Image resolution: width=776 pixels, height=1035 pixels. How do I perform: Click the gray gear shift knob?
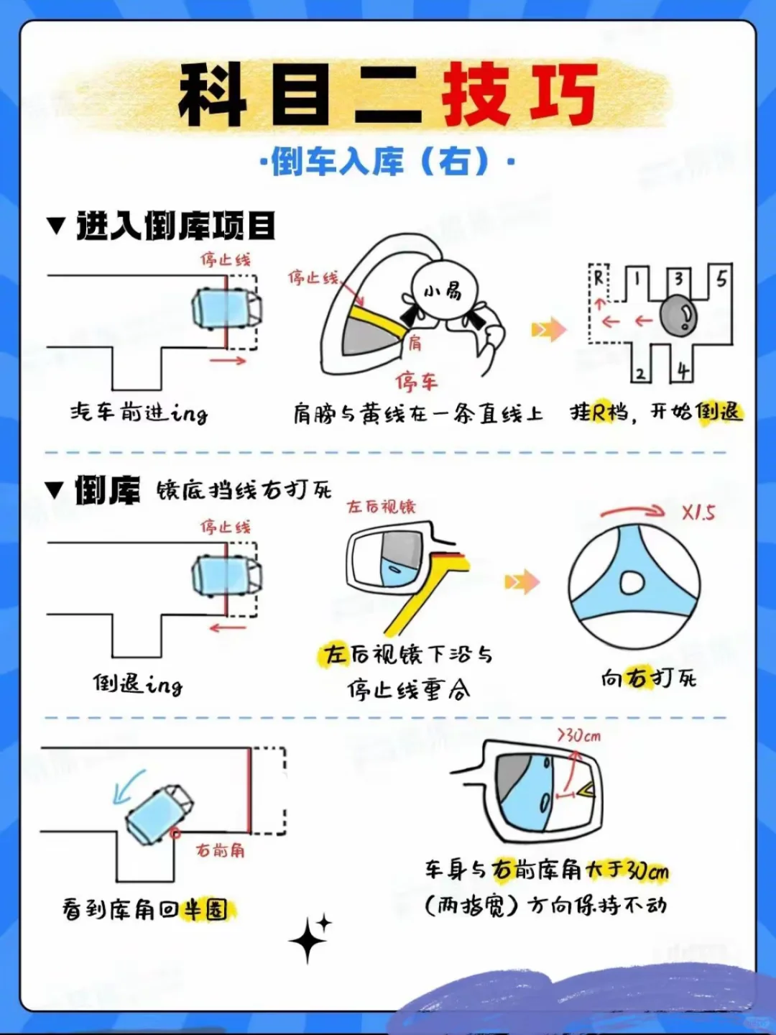(x=678, y=316)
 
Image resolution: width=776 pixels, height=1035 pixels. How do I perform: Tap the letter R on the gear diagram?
(x=599, y=278)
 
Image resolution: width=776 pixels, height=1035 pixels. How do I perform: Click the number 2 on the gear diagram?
(x=640, y=374)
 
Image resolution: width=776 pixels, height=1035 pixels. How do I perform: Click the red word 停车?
(x=416, y=382)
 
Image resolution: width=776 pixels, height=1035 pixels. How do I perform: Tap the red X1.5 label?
(x=698, y=512)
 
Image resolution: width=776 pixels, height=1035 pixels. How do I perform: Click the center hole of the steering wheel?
(x=632, y=583)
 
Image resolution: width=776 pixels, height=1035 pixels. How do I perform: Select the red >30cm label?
(x=579, y=735)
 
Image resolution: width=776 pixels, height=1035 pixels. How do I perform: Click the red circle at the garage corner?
(x=175, y=833)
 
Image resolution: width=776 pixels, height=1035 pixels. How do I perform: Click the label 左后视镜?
(x=382, y=507)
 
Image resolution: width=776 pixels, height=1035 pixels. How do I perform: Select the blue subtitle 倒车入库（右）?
(x=387, y=162)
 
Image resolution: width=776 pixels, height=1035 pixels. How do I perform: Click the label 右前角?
(x=221, y=850)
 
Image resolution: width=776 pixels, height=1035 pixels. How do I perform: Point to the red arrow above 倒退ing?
(x=228, y=627)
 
